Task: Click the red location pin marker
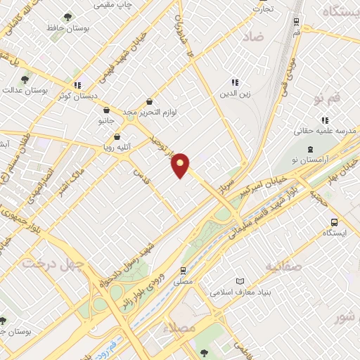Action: pyautogui.click(x=181, y=164)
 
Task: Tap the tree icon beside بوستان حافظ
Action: pyautogui.click(x=67, y=17)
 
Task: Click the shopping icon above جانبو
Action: pyautogui.click(x=105, y=110)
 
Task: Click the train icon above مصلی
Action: pyautogui.click(x=183, y=269)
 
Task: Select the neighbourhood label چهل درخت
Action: pyautogui.click(x=52, y=263)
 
